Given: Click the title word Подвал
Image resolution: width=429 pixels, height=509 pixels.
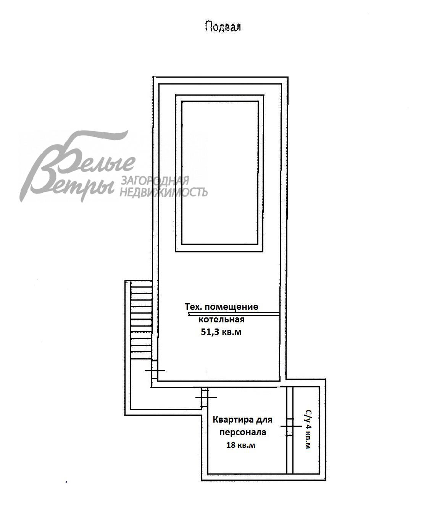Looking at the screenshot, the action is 223,26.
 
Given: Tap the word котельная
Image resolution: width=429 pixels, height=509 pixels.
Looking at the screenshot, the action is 221,319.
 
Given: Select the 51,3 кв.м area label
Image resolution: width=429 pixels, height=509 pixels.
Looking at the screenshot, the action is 221,332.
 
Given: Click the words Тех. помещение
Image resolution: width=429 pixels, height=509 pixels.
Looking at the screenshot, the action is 221,306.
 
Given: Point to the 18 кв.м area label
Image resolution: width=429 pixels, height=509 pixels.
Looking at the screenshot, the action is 241,445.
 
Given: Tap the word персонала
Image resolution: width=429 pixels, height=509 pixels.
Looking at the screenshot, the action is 243,433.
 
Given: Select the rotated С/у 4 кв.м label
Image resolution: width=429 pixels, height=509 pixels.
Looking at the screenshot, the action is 308,429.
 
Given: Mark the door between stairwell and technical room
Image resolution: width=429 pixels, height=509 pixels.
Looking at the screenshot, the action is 155,371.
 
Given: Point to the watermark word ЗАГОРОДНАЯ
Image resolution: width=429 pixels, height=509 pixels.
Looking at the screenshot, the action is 155,181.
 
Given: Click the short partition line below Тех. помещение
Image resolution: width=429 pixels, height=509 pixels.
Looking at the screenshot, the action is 234,314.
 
